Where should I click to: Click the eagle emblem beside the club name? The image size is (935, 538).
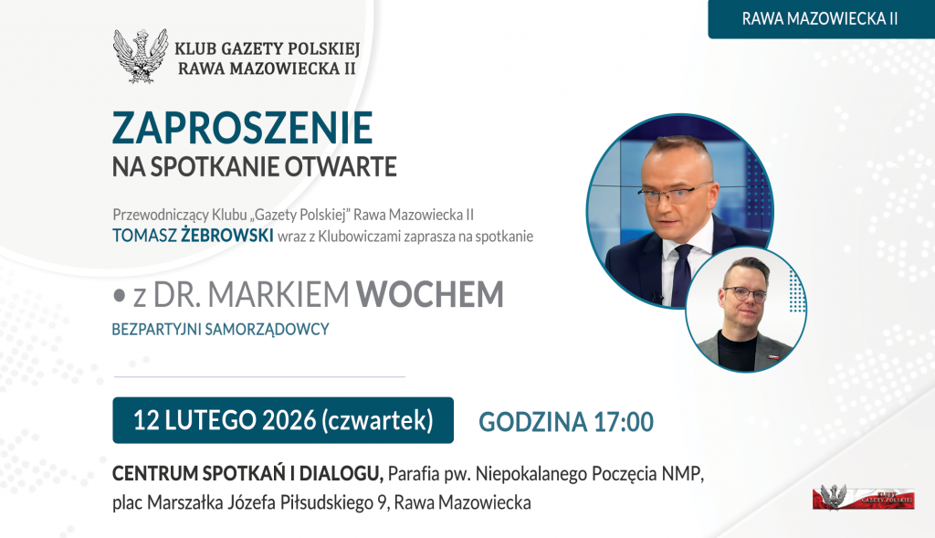140,56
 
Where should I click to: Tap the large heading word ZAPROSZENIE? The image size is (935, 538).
243,128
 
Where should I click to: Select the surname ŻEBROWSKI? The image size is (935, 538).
227,235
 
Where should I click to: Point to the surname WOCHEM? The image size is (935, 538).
429,294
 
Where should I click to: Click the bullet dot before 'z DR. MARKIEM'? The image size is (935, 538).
120,295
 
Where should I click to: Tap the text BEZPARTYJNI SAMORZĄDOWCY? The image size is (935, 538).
221,329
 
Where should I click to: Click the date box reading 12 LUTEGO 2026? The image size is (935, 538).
283,420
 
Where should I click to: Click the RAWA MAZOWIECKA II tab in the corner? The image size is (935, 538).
821,19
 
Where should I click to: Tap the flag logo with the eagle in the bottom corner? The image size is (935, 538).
863,497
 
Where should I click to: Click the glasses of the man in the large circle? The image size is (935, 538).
677,194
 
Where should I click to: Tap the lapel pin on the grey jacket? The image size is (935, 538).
772,356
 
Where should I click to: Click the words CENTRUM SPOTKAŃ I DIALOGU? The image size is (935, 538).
247,473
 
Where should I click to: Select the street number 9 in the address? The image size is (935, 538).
383,502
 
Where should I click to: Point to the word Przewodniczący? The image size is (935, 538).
161,215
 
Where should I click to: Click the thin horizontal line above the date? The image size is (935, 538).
259,377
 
